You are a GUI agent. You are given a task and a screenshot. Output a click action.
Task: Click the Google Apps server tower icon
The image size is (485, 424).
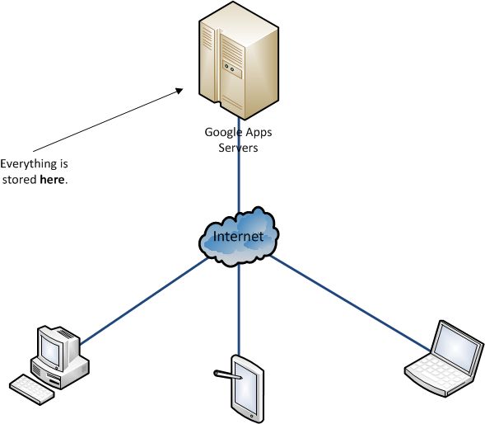tap(239, 60)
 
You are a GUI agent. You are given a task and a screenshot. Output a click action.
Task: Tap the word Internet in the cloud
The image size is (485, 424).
tap(239, 237)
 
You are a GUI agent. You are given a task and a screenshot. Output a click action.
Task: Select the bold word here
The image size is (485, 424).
tap(52, 179)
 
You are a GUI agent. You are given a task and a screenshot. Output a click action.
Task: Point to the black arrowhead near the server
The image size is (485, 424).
tap(180, 91)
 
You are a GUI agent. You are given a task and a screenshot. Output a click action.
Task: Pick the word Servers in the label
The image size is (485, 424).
tap(238, 148)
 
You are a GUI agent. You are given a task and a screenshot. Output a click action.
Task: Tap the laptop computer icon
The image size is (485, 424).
tap(445, 359)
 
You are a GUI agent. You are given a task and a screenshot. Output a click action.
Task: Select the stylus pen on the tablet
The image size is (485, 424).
tap(228, 375)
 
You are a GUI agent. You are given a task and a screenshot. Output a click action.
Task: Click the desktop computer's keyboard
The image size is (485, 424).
tap(31, 389)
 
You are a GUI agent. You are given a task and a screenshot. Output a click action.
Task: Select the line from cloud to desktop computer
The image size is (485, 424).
tap(144, 300)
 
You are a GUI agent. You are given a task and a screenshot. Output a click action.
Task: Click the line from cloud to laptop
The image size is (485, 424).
tap(350, 303)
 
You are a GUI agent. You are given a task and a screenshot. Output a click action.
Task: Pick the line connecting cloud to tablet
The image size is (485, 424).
tap(239, 310)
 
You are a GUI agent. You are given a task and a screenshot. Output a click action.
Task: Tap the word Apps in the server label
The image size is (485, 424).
tap(258, 133)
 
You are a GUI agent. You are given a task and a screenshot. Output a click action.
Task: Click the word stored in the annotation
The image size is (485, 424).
tap(20, 179)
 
